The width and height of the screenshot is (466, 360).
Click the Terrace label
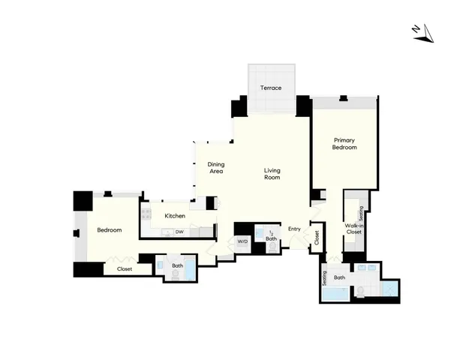[x=271, y=88]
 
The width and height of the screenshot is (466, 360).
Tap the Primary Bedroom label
[x=344, y=144]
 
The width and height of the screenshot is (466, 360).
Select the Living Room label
[x=272, y=175]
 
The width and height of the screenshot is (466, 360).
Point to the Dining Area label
[x=216, y=168]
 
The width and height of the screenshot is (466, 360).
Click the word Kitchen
[x=175, y=216]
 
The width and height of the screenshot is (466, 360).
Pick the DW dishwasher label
[x=179, y=232]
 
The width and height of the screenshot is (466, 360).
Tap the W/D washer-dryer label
[x=242, y=241]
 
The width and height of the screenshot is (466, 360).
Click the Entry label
[x=294, y=229]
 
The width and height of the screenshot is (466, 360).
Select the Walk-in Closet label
[x=353, y=229]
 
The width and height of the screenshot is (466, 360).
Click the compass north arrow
[x=423, y=32]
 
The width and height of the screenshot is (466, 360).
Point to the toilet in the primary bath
[x=362, y=290]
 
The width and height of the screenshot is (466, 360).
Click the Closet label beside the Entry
[x=317, y=238]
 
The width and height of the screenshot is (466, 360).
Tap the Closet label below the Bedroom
[x=125, y=268]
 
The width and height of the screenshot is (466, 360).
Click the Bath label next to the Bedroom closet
[x=177, y=265]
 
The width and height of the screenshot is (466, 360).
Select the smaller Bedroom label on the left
[x=110, y=230]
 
